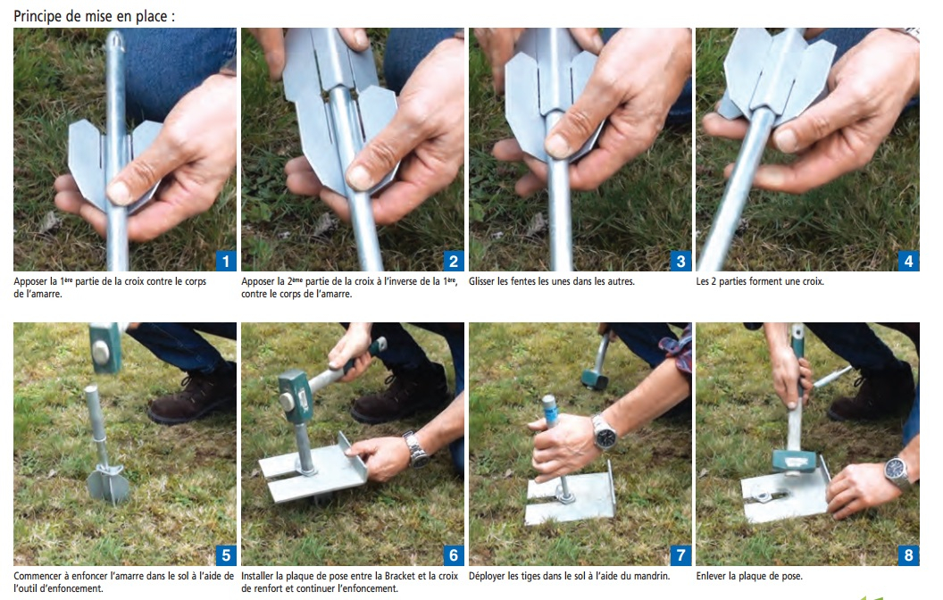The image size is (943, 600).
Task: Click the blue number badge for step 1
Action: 226,261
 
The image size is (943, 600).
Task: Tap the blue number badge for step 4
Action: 909,261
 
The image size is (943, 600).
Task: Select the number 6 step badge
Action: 454,554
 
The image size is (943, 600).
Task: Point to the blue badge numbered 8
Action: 909,554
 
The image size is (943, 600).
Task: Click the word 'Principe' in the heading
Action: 38,16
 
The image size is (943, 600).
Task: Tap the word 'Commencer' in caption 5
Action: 38,576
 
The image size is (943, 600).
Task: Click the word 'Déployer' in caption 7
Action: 487,576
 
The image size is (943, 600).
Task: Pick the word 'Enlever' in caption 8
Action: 711,576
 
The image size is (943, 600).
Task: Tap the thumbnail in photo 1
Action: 119,193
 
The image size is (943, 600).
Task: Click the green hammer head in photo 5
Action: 104,348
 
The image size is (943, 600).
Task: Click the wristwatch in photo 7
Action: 605,433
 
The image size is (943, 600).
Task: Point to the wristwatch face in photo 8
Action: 897,471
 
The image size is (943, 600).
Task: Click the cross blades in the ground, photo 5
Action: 108,485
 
